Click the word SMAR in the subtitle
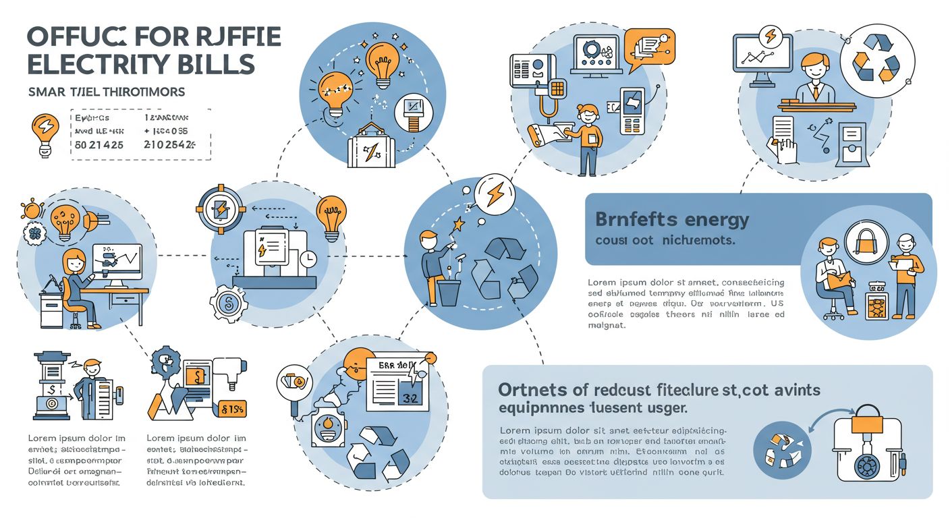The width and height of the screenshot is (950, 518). coord(47,91)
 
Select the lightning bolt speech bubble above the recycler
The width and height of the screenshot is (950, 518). coord(495,194)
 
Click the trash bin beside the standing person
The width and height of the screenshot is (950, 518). coord(449,291)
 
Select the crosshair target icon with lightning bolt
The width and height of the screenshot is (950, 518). coord(220,208)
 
